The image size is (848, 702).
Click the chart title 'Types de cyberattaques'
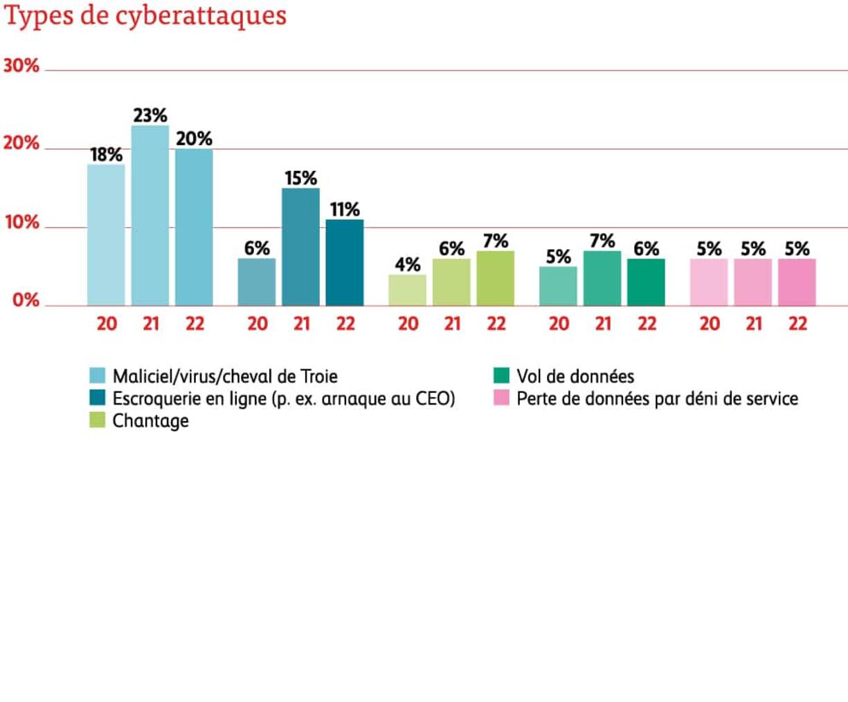click(145, 15)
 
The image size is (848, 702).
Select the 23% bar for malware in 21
click(150, 215)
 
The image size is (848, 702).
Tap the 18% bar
click(106, 234)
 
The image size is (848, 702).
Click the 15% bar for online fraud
click(300, 246)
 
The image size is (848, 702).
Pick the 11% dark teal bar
click(345, 262)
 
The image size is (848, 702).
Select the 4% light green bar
click(407, 290)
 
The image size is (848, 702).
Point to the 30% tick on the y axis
click(21, 66)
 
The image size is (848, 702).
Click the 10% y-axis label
click(21, 223)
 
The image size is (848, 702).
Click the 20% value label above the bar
click(194, 139)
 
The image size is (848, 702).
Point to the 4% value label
click(408, 264)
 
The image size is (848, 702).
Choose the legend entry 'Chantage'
click(150, 421)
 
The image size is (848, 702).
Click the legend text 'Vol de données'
click(575, 376)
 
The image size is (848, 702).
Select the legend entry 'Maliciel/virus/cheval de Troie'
click(225, 376)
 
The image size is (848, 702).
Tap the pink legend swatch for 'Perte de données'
click(502, 398)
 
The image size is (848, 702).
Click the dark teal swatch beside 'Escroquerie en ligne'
click(98, 398)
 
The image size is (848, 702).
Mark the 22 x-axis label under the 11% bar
click(345, 324)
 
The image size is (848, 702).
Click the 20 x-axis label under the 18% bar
click(107, 324)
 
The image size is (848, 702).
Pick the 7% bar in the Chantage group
click(496, 278)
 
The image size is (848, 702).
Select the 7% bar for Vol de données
click(602, 278)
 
